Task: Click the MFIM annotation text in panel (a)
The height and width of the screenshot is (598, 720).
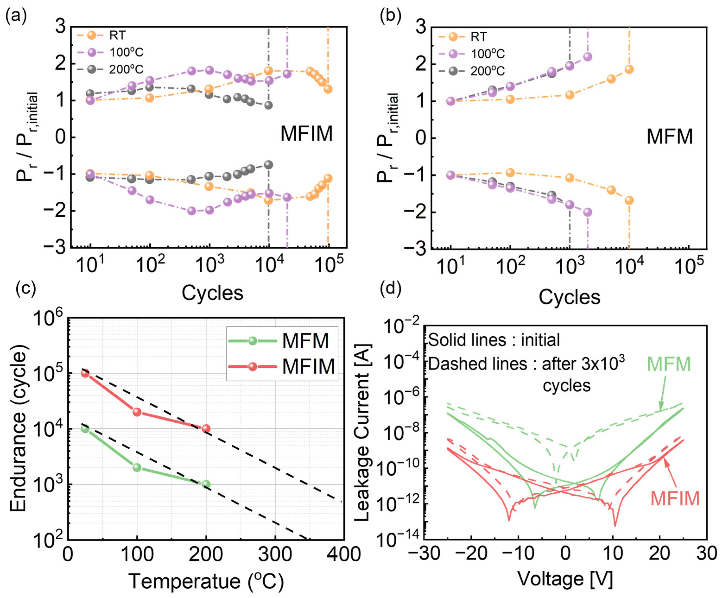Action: coord(306,133)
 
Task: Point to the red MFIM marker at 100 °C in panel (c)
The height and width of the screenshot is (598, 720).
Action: coord(137,412)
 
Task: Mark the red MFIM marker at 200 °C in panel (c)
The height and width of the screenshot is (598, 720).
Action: coord(206,428)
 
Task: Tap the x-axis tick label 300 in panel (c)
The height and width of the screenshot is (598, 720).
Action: coord(275,554)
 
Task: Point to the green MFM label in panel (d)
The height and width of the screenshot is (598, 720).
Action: coord(669,364)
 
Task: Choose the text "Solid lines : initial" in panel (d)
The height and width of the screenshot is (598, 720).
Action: coord(494,340)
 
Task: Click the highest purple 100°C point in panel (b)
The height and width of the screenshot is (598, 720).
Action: coord(588,57)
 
